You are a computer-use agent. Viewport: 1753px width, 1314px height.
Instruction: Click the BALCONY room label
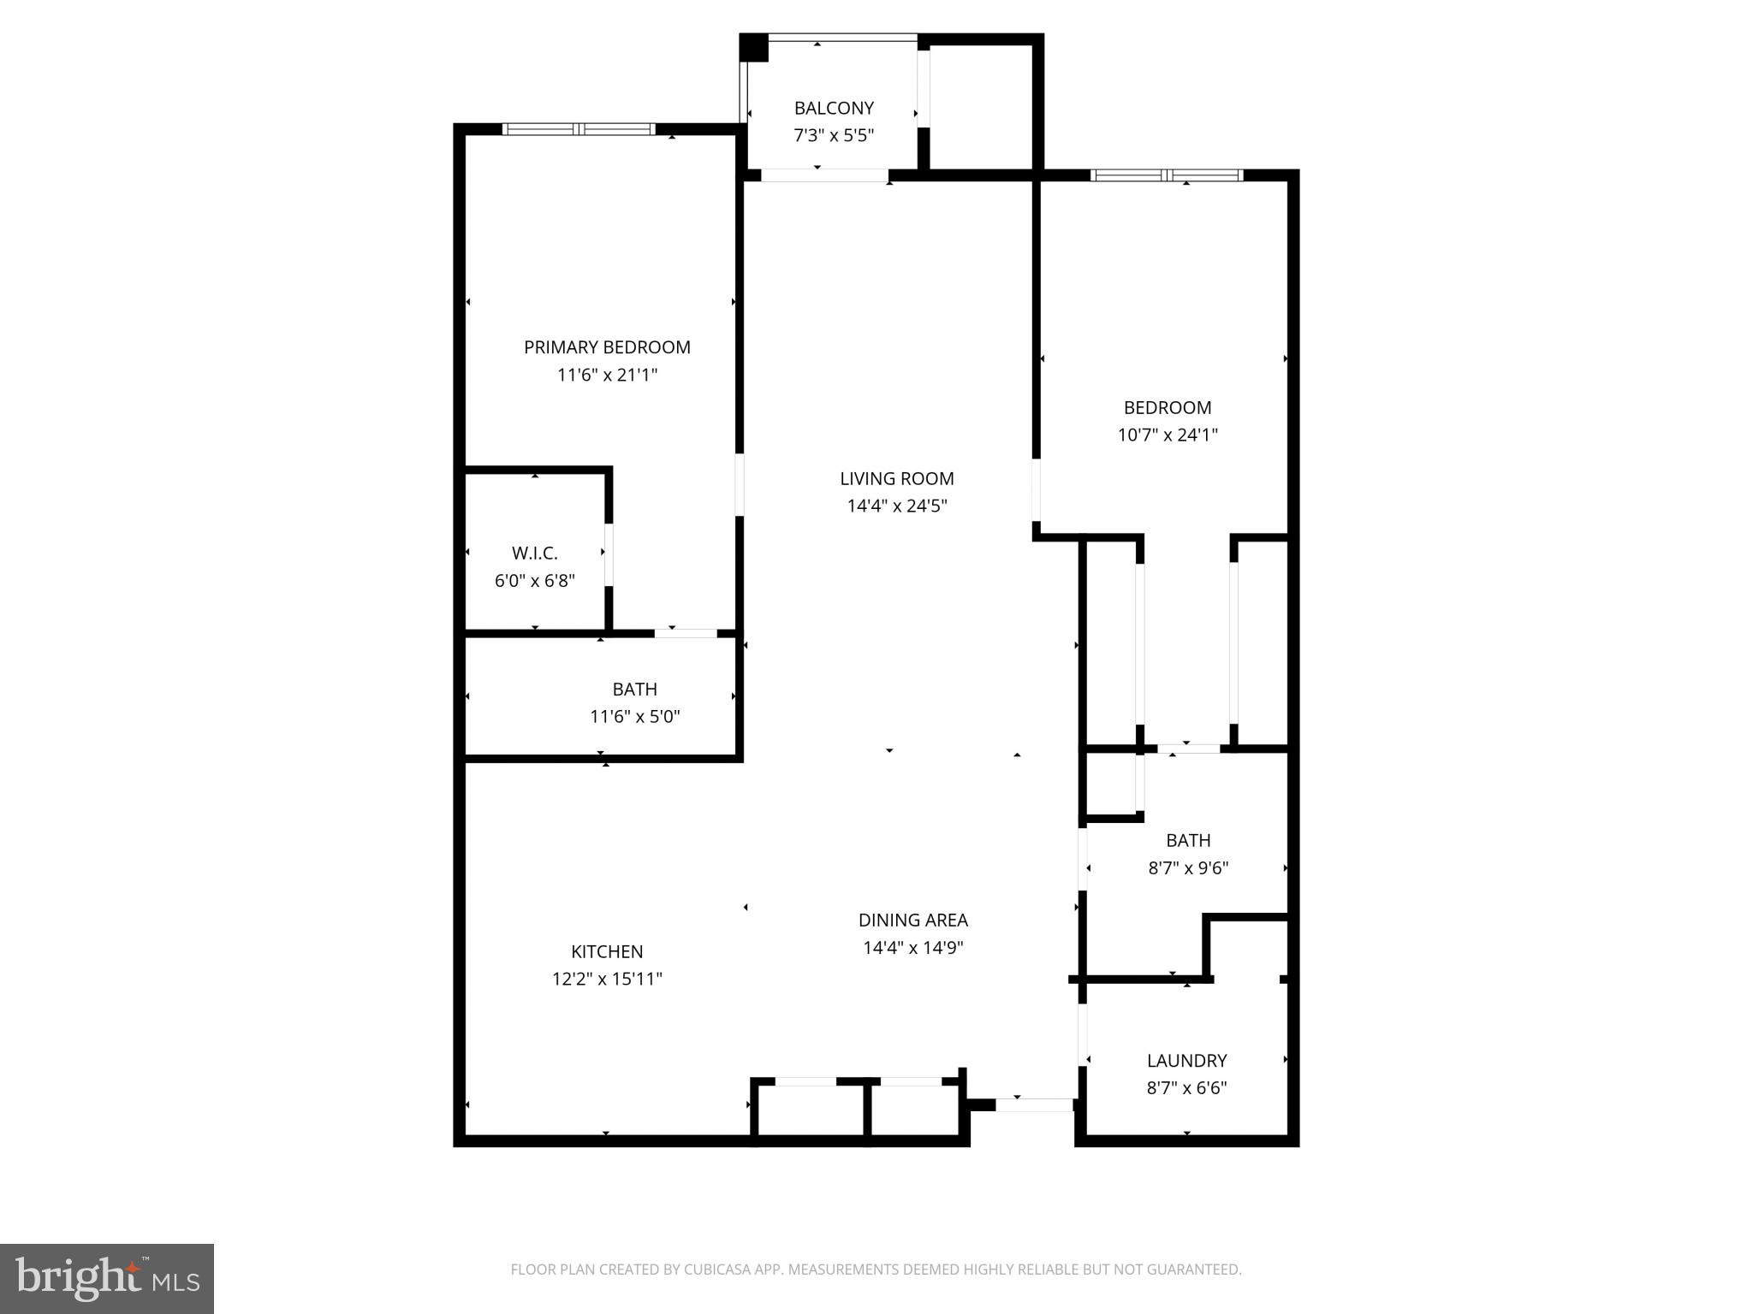tap(834, 108)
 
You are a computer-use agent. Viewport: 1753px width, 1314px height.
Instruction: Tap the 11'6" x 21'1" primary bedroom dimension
tap(607, 375)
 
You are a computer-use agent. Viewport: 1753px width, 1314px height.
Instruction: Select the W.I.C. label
tap(535, 553)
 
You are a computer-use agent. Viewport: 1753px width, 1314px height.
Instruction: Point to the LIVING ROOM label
tap(896, 479)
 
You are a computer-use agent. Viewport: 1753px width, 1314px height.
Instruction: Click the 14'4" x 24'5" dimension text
tap(896, 506)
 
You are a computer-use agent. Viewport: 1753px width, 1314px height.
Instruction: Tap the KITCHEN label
tap(607, 951)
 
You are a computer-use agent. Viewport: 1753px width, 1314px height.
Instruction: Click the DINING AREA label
tap(912, 920)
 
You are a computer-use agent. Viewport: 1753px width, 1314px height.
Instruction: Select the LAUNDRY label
tap(1186, 1061)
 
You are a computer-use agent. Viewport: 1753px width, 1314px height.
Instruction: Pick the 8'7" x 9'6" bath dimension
tap(1187, 868)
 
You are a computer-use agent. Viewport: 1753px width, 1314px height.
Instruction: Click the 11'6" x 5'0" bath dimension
tap(634, 717)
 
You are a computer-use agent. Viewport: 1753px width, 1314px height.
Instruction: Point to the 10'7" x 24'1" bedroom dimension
tap(1167, 435)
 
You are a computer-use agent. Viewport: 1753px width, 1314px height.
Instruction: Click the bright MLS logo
tap(107, 1278)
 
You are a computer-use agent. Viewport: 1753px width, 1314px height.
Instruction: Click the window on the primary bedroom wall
tap(579, 129)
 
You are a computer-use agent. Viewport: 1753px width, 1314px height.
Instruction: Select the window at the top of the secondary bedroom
tap(1166, 175)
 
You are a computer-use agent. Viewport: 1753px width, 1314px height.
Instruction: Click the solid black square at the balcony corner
tap(754, 47)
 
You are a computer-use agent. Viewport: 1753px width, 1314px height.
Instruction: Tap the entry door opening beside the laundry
tap(1034, 1104)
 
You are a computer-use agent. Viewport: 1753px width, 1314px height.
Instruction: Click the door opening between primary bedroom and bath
tap(686, 633)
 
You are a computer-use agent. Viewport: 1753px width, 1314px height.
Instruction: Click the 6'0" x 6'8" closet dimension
tap(534, 581)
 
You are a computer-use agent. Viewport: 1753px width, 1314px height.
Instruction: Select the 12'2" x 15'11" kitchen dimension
tap(607, 979)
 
